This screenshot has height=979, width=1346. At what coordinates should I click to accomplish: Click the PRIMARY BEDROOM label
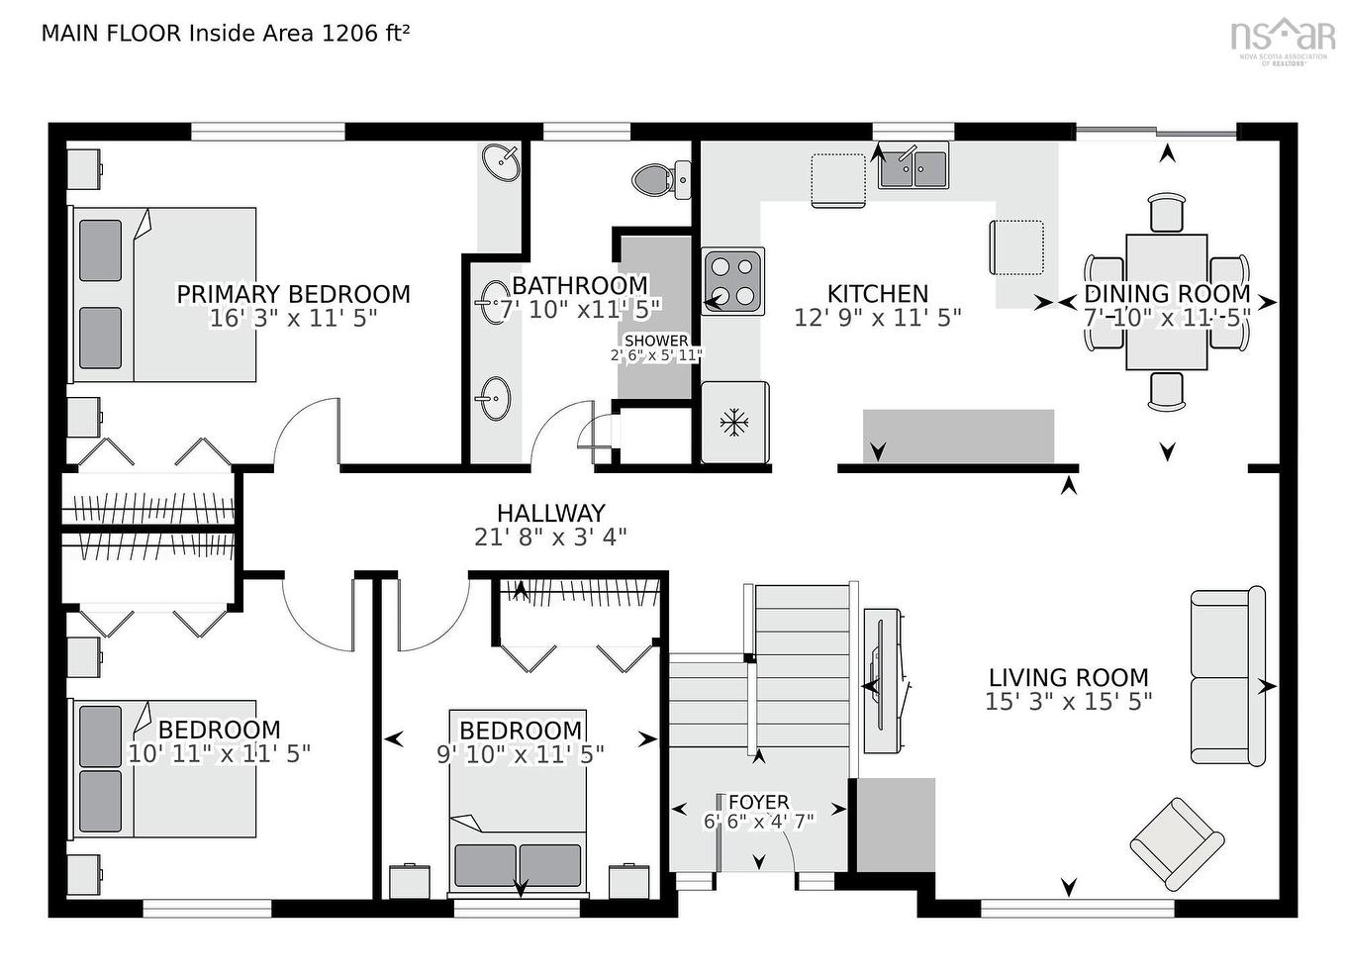(293, 294)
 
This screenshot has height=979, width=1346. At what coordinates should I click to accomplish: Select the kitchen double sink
(913, 166)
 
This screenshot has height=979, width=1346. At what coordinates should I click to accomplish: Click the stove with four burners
(732, 280)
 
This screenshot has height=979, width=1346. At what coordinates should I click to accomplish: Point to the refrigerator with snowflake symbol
(733, 423)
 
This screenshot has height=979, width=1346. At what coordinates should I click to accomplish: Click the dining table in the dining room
(1166, 302)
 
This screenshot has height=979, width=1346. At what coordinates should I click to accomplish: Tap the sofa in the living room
(1227, 677)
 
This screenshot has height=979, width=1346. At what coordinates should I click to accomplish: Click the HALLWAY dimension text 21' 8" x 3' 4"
(550, 538)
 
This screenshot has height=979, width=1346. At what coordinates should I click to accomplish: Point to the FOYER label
(758, 802)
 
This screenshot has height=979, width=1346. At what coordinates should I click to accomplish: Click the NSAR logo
(1283, 38)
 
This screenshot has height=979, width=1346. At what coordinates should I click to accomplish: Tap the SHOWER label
(656, 341)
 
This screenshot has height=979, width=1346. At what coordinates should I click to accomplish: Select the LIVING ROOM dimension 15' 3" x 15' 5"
(1068, 702)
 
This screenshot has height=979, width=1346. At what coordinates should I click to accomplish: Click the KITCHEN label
(877, 294)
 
